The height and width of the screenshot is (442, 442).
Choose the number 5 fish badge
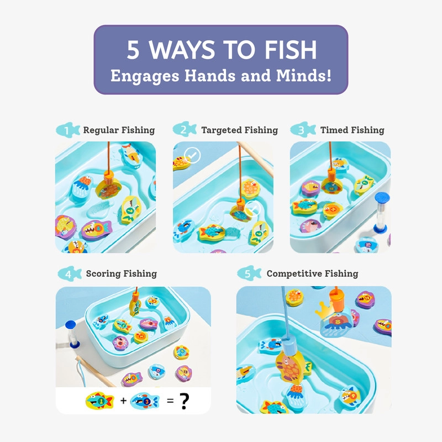(x=249, y=273)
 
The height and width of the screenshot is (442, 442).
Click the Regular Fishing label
(x=119, y=130)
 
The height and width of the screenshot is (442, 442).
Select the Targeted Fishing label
(x=239, y=130)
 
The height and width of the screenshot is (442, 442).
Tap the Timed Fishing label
(x=352, y=130)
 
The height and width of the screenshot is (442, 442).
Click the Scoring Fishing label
(x=121, y=273)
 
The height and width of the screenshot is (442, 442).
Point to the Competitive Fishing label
(x=312, y=273)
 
